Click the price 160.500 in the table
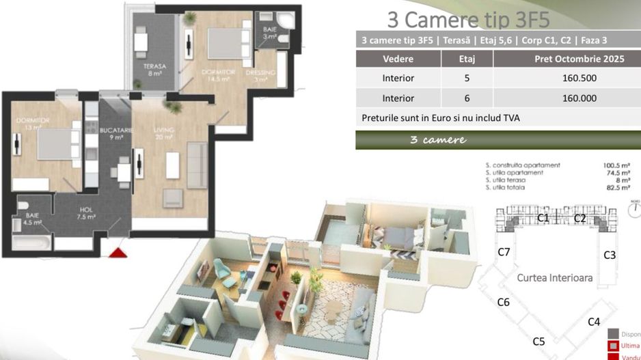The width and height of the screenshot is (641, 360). click(x=567, y=78)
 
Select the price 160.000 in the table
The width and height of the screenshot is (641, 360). click(x=567, y=98)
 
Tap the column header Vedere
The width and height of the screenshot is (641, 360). click(x=398, y=59)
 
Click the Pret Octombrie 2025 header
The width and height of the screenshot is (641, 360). click(x=567, y=59)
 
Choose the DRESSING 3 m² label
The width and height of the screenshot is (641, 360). click(x=266, y=74)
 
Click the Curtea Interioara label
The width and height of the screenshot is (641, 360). click(x=554, y=278)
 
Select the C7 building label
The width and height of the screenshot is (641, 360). click(x=504, y=252)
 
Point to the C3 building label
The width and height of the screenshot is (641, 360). click(x=610, y=255)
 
